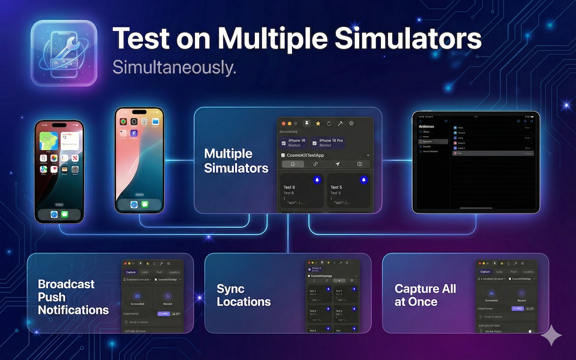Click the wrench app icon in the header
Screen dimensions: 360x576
point(64,53)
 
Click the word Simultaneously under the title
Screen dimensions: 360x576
point(174,67)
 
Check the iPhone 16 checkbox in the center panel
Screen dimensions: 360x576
point(283,143)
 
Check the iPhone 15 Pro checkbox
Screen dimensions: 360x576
point(314,143)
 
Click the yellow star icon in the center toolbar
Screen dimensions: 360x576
point(318,123)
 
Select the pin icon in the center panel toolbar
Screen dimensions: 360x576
point(306,123)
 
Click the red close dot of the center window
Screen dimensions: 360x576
point(283,123)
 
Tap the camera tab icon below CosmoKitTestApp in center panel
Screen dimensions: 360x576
point(360,164)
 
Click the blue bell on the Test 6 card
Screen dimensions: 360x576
point(317,180)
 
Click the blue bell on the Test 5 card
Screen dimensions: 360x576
point(364,180)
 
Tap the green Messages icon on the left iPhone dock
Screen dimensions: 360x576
point(64,215)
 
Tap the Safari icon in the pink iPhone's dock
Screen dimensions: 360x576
point(134,204)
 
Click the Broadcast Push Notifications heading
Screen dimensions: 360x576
point(73,297)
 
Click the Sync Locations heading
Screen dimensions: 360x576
point(243,295)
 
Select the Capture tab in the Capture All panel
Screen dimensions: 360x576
point(485,272)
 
